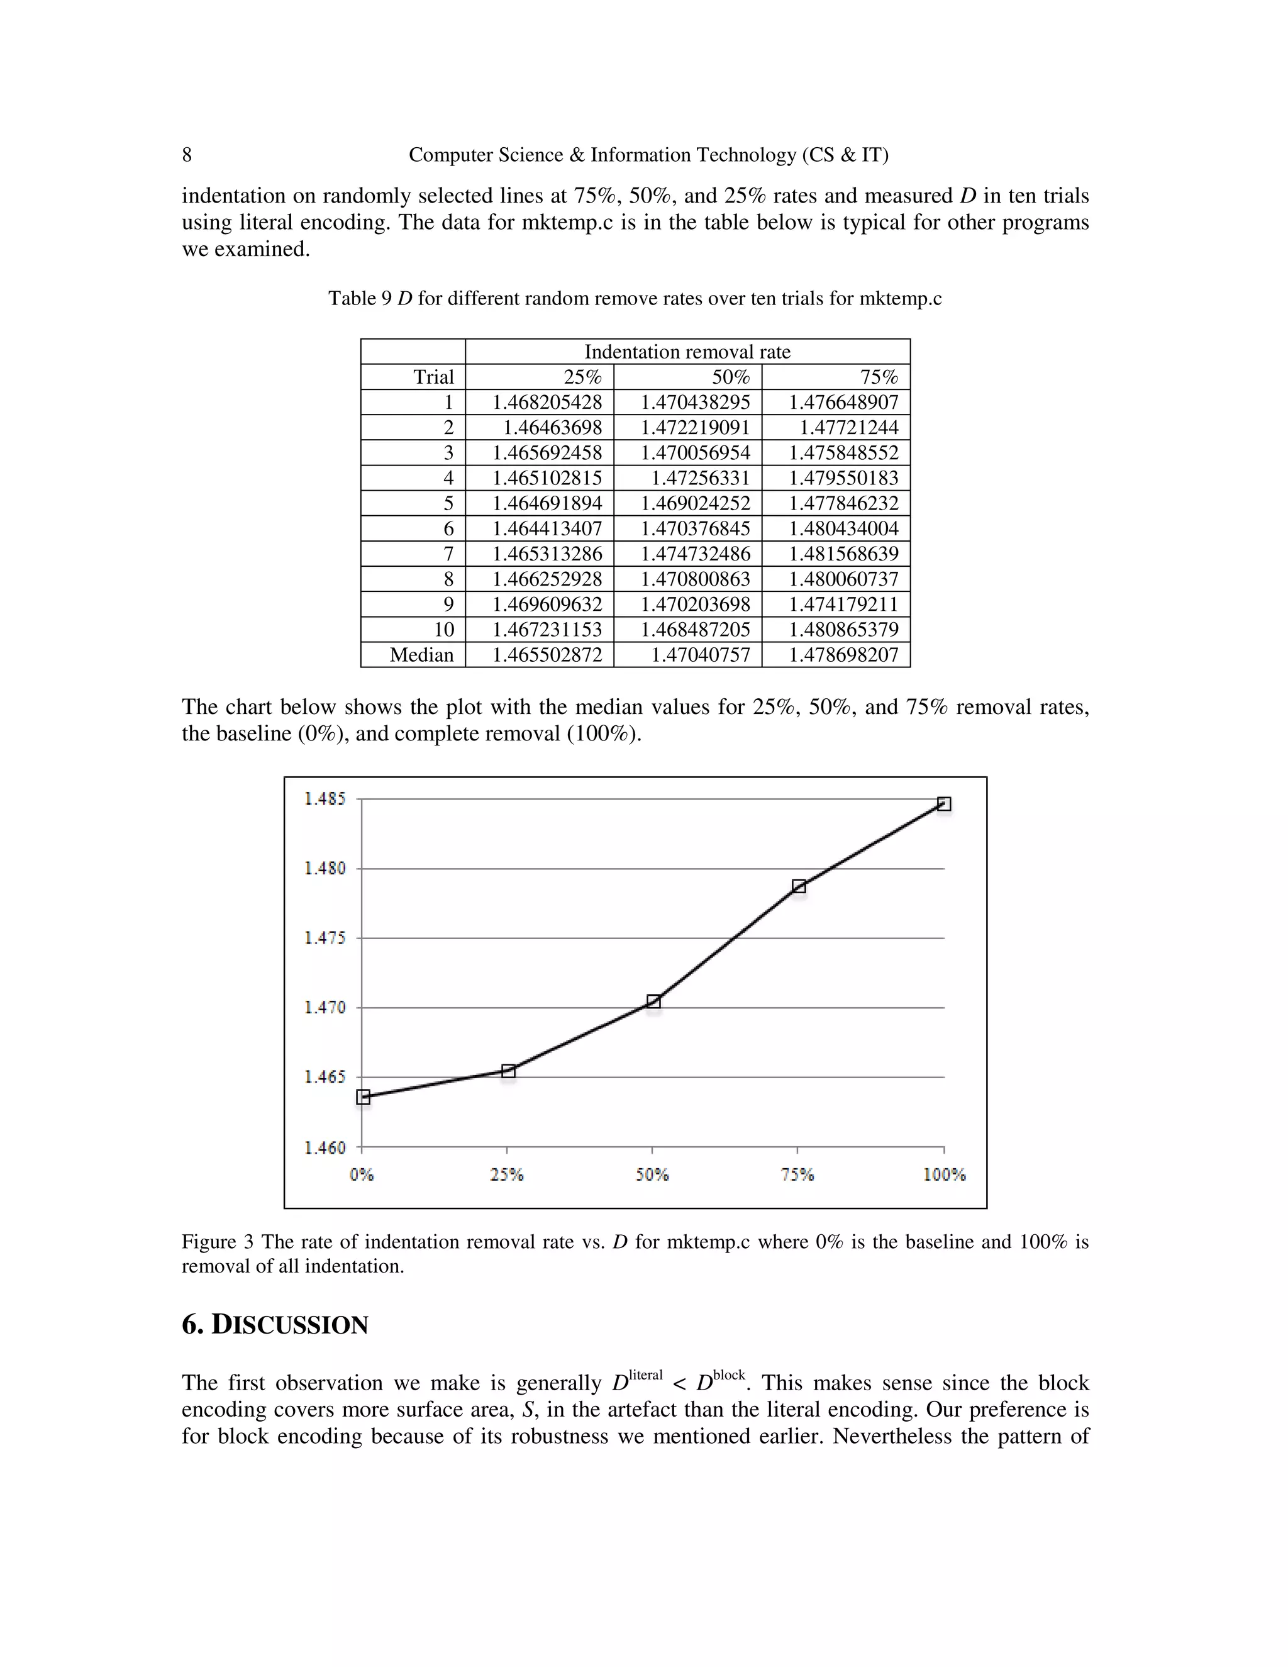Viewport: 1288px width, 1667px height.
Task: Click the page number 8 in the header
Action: (187, 155)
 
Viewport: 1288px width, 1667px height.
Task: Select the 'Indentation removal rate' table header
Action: (687, 352)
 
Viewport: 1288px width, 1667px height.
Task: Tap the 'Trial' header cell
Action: (433, 377)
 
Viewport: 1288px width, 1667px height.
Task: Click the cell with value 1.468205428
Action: (547, 402)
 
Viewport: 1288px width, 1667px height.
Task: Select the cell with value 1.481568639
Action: (843, 554)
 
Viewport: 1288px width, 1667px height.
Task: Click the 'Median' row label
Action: (421, 655)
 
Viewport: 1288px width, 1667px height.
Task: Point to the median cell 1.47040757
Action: (700, 655)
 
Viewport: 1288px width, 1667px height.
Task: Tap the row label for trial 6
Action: (448, 528)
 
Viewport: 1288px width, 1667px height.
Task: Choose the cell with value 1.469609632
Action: (547, 604)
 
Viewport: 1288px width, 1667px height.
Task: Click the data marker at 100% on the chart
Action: (944, 804)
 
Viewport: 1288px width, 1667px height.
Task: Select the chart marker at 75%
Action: (799, 886)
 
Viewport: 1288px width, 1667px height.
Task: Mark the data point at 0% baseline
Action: (364, 1098)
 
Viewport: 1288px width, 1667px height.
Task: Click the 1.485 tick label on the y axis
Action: (325, 799)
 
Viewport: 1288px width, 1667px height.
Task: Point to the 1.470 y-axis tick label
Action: (325, 1008)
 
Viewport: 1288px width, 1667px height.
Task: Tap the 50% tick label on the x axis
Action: (652, 1174)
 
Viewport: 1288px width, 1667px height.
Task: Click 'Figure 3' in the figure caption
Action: (217, 1242)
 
